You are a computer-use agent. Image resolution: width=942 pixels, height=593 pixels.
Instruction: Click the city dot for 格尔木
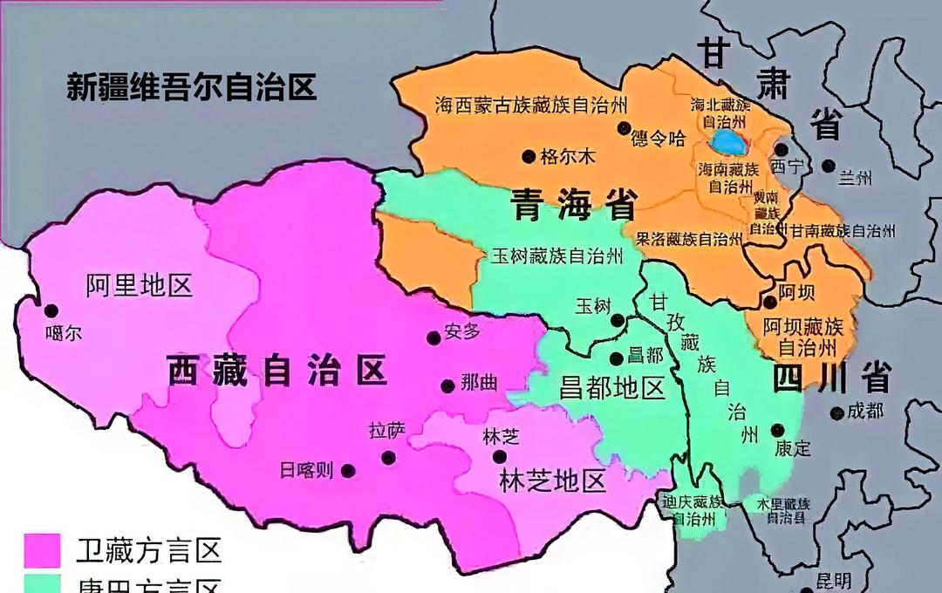click(529, 156)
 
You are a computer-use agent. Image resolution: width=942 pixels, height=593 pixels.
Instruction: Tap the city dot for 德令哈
click(623, 128)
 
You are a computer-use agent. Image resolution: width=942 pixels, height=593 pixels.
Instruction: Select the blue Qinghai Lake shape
click(727, 141)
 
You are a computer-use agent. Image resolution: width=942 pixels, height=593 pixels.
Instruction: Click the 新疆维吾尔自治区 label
click(192, 87)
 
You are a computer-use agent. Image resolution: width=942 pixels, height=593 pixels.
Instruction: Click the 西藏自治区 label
click(276, 371)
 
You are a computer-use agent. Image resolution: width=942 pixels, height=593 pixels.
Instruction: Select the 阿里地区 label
click(140, 284)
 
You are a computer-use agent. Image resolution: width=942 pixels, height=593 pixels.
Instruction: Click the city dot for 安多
click(433, 337)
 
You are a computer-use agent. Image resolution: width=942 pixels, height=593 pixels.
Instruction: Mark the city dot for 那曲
click(447, 385)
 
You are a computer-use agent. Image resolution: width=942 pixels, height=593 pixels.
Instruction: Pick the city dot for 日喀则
click(348, 471)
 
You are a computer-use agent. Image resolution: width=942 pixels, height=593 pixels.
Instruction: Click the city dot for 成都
click(837, 413)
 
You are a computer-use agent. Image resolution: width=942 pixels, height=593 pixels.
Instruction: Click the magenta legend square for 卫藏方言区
click(42, 551)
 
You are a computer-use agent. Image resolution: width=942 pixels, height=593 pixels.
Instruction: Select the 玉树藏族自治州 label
click(556, 256)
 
